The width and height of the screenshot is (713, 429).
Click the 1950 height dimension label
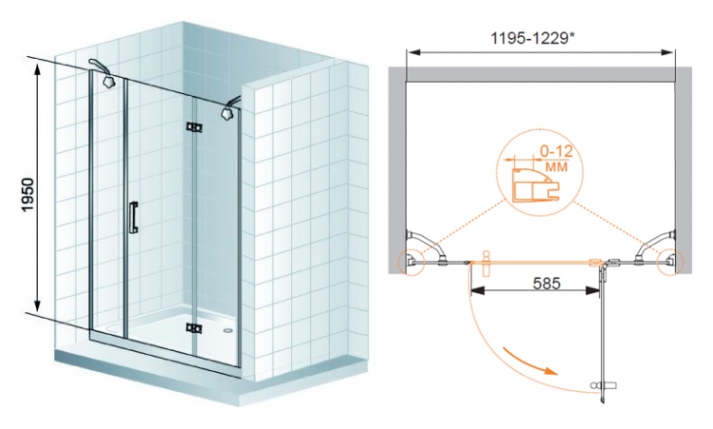[29, 194]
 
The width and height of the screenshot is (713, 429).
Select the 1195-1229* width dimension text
[531, 38]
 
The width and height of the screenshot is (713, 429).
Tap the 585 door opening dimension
[547, 283]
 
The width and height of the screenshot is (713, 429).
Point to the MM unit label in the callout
[556, 167]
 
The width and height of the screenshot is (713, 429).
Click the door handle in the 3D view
[133, 218]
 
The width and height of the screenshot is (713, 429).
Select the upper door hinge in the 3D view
[194, 127]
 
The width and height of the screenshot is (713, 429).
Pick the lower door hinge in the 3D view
[194, 328]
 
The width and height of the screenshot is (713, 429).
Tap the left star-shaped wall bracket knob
[108, 82]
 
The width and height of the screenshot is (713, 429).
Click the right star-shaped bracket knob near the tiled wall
[227, 112]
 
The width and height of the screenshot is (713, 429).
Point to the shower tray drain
[228, 331]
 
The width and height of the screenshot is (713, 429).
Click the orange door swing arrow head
[551, 370]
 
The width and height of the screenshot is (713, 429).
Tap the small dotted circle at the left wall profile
[411, 262]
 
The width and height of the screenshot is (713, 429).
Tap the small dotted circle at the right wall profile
[670, 262]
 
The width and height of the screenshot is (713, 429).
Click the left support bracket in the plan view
[425, 246]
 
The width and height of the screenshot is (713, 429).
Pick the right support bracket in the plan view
[656, 246]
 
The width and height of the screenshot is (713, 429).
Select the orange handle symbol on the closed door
[486, 263]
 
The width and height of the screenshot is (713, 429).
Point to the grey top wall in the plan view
[540, 74]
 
